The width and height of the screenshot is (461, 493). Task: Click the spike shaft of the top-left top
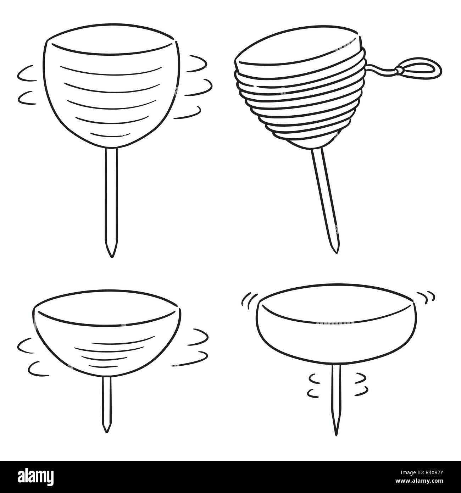point(111,199)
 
